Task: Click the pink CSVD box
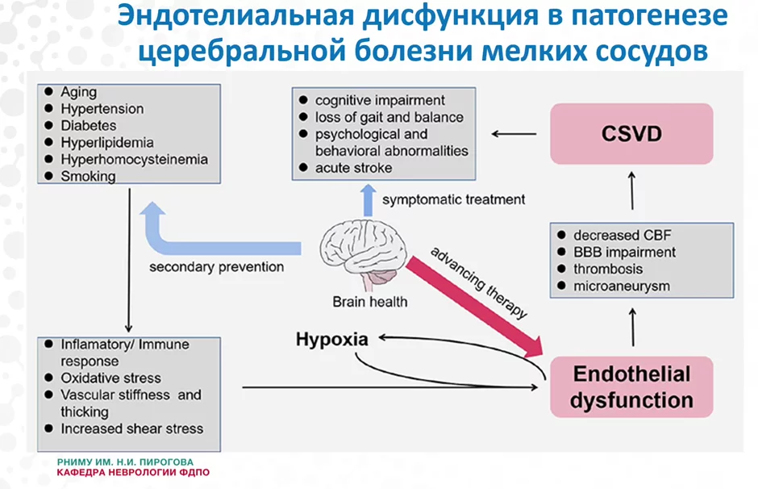631,133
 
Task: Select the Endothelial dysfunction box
631,387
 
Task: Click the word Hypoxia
331,339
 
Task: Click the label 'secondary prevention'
217,266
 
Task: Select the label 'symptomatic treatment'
454,199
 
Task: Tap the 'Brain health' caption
370,302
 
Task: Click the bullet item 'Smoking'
88,176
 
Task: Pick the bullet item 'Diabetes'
89,126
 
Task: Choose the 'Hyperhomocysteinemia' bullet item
134,159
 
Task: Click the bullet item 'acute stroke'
353,168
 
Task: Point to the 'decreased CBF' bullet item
622,235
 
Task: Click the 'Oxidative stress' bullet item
110,378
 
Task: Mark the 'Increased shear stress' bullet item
131,428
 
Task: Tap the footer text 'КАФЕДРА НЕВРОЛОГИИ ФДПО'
132,472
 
